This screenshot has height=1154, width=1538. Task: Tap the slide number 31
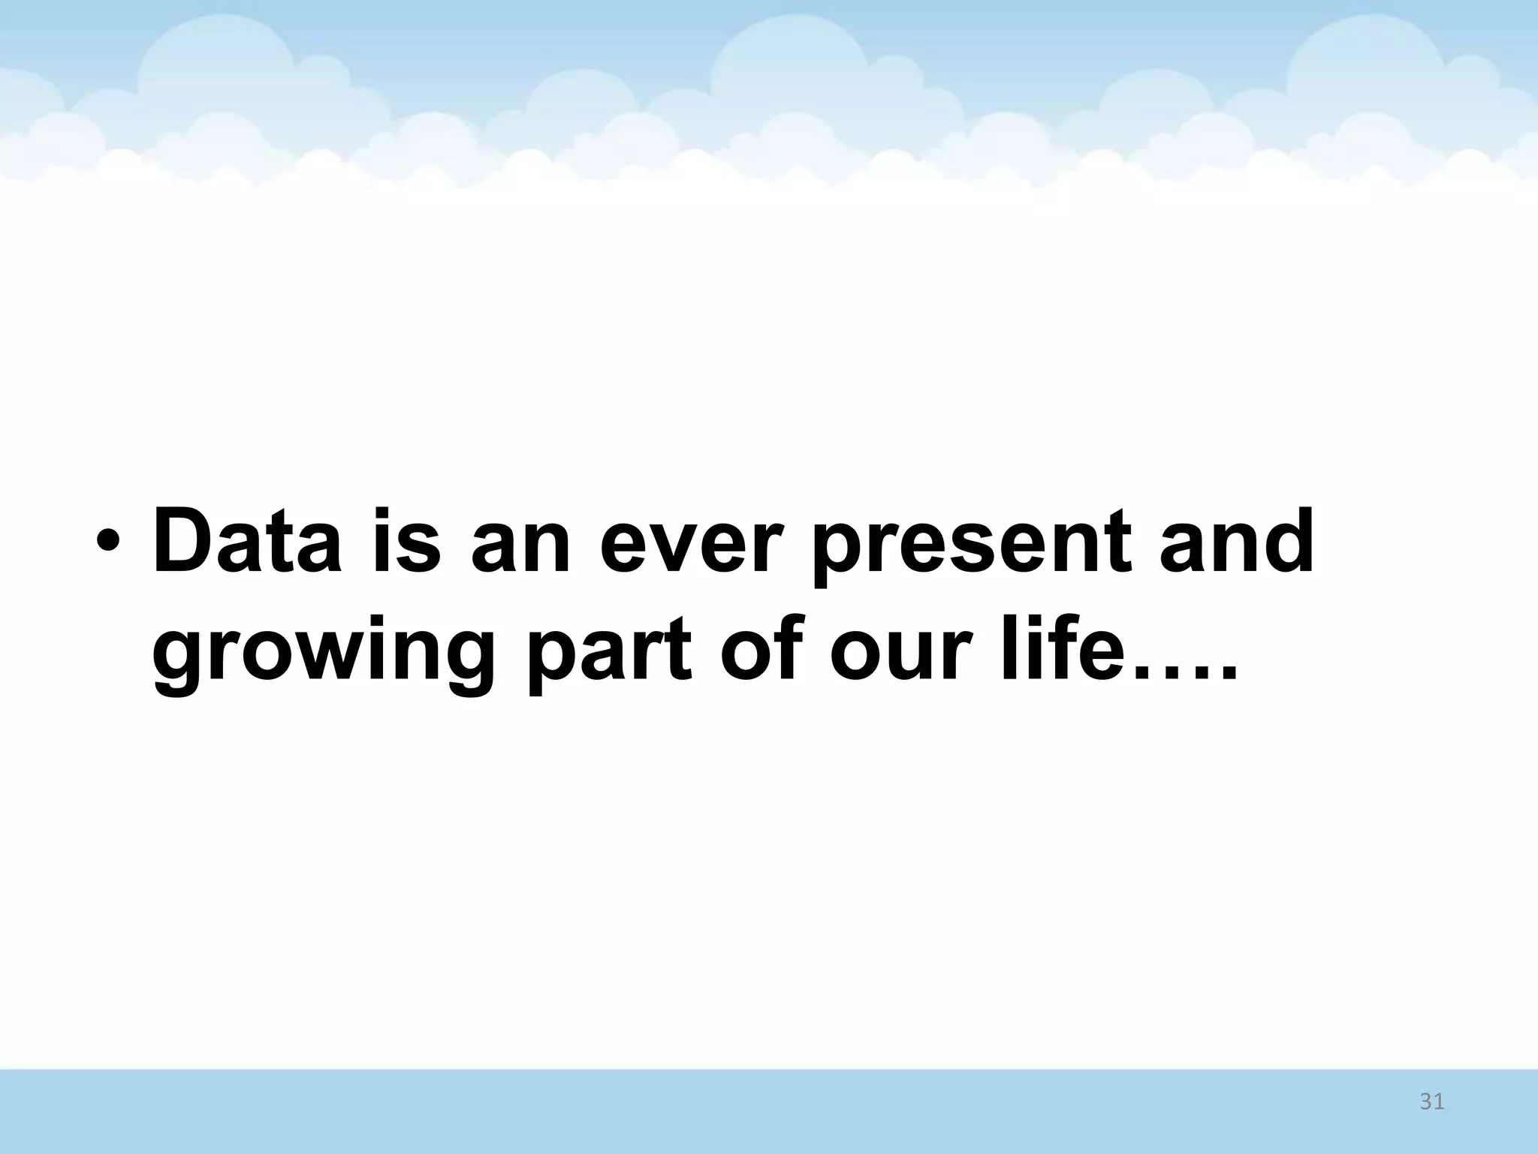tap(1431, 1102)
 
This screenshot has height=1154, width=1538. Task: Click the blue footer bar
tap(751, 1112)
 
